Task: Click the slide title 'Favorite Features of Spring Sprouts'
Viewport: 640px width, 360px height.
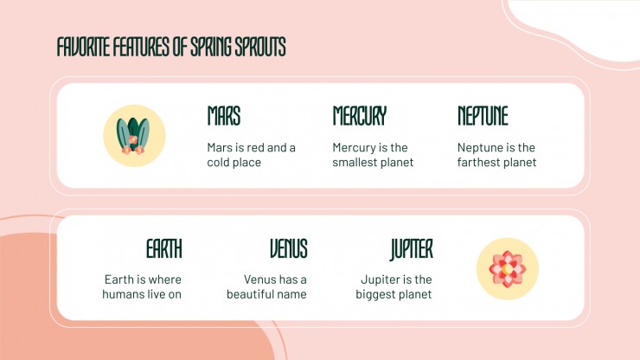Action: point(171,47)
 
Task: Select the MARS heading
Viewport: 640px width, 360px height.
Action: point(224,116)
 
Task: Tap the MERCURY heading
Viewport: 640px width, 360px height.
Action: point(359,116)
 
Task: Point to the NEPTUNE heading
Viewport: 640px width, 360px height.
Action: point(483,116)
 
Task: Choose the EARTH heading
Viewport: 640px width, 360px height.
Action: point(164,248)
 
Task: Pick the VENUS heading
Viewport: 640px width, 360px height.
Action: point(289,248)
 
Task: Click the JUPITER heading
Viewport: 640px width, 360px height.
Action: point(411,249)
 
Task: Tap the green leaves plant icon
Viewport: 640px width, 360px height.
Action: point(133,136)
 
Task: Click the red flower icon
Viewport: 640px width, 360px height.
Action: point(508,269)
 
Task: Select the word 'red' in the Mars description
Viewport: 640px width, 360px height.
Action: point(256,147)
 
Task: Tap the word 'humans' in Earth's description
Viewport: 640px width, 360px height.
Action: point(123,294)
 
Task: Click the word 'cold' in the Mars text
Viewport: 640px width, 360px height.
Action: point(218,162)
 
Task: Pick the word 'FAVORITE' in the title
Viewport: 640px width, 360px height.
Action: point(84,47)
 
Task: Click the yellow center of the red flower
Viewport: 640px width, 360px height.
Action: point(507,269)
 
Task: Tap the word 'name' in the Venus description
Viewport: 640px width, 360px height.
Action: point(291,294)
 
